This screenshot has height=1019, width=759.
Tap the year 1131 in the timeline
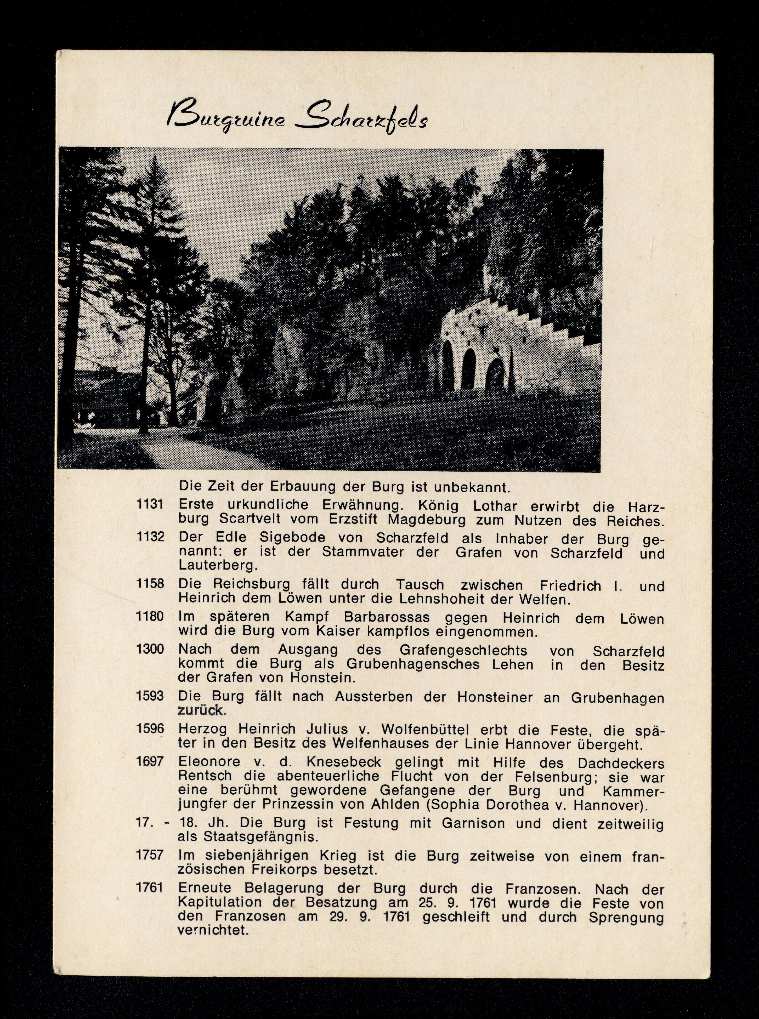(x=150, y=504)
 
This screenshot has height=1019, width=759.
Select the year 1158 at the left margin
(x=150, y=584)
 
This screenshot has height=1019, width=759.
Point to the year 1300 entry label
(x=150, y=649)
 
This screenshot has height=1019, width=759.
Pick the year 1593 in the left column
(x=150, y=696)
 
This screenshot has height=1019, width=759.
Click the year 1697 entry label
(x=150, y=761)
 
